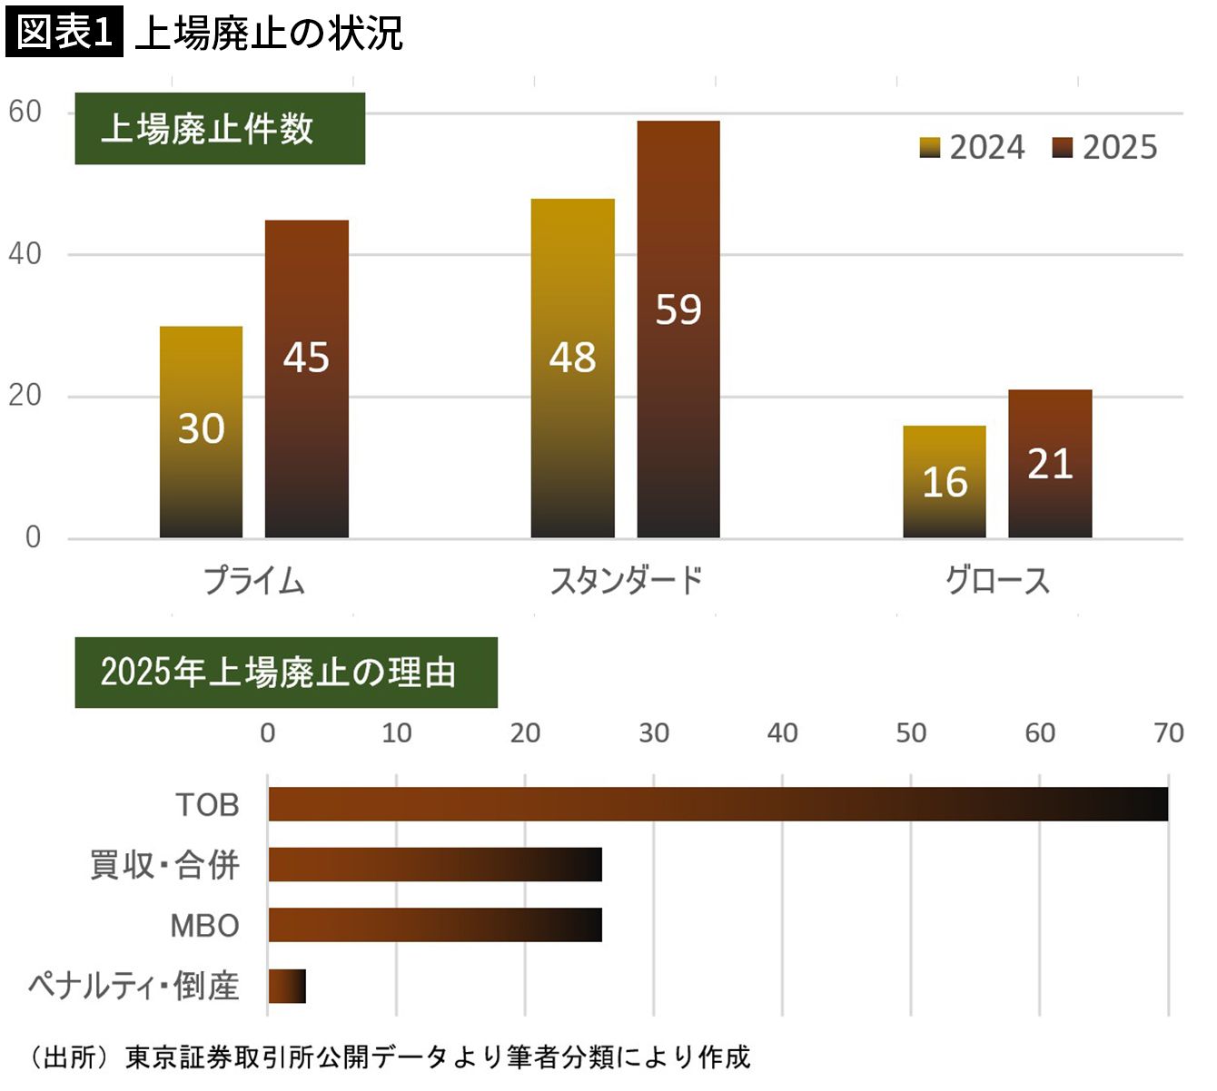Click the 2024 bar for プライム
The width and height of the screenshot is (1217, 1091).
pyautogui.click(x=201, y=432)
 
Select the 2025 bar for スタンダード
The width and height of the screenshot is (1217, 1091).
pyautogui.click(x=678, y=329)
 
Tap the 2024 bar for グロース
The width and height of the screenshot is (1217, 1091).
pyautogui.click(x=945, y=482)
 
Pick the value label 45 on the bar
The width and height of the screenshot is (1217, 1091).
pyautogui.click(x=306, y=358)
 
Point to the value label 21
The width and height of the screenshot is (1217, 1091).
pyautogui.click(x=1050, y=464)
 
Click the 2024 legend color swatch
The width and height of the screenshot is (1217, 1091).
pyautogui.click(x=929, y=148)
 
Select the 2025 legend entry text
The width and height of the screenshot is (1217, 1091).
pyautogui.click(x=1120, y=148)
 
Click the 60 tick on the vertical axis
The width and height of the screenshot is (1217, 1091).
pyautogui.click(x=25, y=112)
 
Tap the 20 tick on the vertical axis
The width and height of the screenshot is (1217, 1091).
pyautogui.click(x=25, y=396)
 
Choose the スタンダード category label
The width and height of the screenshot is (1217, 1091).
pyautogui.click(x=626, y=581)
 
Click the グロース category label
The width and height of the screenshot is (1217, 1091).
pyautogui.click(x=997, y=581)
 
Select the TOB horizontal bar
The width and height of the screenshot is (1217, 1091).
pyautogui.click(x=717, y=804)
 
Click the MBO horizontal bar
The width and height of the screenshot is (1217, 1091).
pyautogui.click(x=435, y=925)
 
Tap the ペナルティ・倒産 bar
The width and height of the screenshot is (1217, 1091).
pyautogui.click(x=287, y=986)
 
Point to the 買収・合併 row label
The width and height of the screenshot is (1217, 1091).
pyautogui.click(x=164, y=865)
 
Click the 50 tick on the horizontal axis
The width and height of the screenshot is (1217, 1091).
pyautogui.click(x=911, y=733)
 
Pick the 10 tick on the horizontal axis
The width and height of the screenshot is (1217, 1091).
pyautogui.click(x=397, y=733)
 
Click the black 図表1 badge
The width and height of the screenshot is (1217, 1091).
pyautogui.click(x=64, y=31)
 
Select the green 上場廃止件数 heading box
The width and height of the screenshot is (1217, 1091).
pyautogui.click(x=220, y=129)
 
